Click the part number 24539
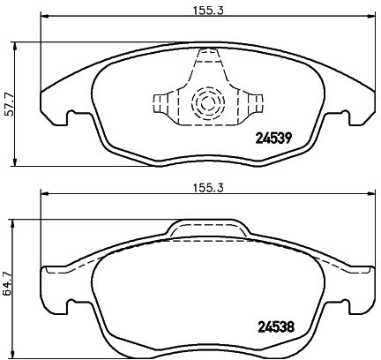273,138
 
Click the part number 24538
276,326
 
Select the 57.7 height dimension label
9,104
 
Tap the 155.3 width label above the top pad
208,11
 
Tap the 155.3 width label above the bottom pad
208,188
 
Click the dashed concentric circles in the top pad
208,103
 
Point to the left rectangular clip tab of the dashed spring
161,103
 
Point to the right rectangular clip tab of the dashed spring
255,103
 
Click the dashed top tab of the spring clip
208,56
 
